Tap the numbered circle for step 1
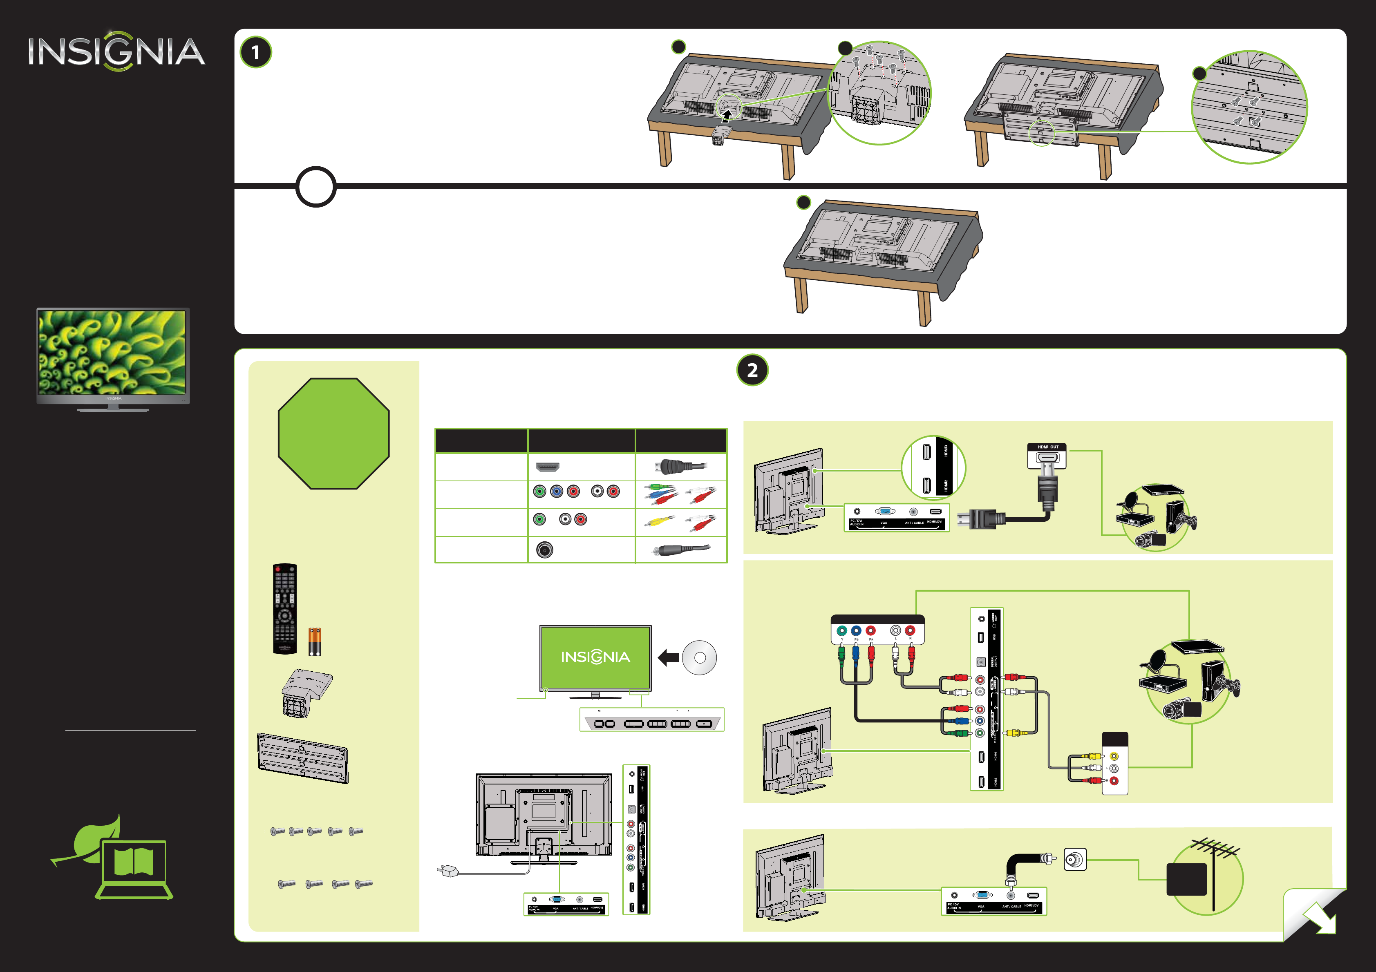[256, 53]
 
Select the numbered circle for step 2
[752, 370]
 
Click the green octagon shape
[334, 433]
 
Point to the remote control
[285, 608]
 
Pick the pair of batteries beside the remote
[315, 642]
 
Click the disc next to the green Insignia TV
[699, 657]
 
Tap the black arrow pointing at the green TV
[668, 657]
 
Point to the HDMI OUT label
[1047, 447]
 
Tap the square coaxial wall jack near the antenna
[1074, 859]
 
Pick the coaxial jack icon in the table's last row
[544, 550]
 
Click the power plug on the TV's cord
[447, 871]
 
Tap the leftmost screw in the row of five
[277, 831]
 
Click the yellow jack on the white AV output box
[1114, 757]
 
